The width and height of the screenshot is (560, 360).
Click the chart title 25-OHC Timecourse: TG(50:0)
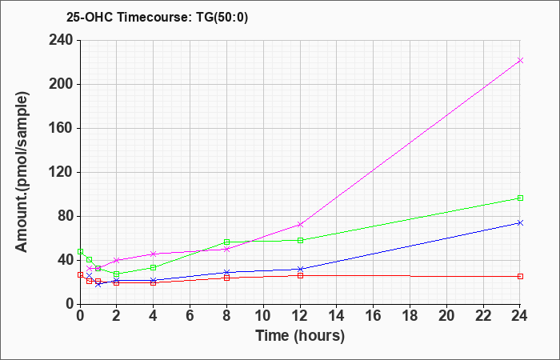pos(157,17)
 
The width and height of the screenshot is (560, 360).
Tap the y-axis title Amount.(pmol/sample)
pos(22,172)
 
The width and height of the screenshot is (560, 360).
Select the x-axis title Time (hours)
pos(300,336)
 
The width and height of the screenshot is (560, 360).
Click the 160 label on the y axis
pos(60,128)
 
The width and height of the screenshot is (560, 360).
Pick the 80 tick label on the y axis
pos(64,216)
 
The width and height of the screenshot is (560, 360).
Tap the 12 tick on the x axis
pos(300,315)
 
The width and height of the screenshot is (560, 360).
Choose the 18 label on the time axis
pos(410,315)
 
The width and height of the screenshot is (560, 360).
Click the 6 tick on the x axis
pos(190,315)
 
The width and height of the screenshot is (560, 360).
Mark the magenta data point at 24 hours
pos(520,60)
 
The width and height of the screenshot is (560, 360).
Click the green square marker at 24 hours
pos(520,198)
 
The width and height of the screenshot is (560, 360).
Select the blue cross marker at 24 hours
pos(520,223)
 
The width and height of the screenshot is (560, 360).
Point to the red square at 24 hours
pos(520,277)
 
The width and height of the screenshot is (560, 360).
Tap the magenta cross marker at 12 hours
pos(300,225)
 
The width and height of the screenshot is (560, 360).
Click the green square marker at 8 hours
pos(226,242)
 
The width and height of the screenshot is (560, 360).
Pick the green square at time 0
pos(80,251)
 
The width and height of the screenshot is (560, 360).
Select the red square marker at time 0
pos(80,274)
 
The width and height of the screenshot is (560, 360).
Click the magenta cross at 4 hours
pos(154,254)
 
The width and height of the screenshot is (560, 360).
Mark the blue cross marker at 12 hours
pos(300,269)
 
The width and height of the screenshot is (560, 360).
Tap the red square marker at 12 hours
pos(300,276)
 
